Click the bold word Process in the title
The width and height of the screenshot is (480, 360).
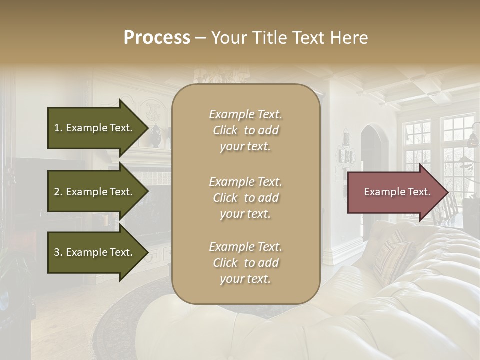pos(157,38)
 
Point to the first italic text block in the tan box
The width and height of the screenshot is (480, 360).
pos(245,130)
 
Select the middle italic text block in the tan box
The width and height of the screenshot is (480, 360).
pos(245,198)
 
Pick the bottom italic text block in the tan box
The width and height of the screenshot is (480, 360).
pos(245,263)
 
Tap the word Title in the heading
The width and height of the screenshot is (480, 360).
pos(270,38)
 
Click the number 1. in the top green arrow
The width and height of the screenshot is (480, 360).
pos(58,128)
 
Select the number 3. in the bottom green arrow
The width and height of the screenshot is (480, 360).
pos(58,252)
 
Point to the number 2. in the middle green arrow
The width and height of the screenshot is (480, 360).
pos(58,192)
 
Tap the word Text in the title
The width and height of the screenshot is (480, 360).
pos(310,38)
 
